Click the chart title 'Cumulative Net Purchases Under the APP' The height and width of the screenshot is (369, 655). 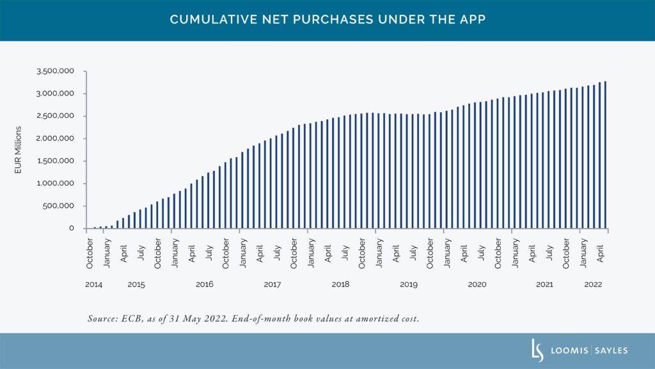coord(327,20)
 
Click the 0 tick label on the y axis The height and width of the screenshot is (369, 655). coord(81,229)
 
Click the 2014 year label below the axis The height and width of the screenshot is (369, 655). coord(93,284)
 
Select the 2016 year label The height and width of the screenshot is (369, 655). coord(204,284)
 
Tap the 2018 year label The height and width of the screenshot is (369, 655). coord(340,284)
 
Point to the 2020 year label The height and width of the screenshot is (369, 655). coord(477,284)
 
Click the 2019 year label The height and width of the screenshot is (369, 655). coord(408,284)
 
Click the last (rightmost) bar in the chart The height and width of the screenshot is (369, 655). coord(605,155)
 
